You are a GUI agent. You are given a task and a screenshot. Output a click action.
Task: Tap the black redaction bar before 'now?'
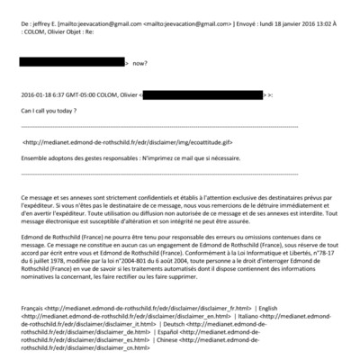72,65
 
